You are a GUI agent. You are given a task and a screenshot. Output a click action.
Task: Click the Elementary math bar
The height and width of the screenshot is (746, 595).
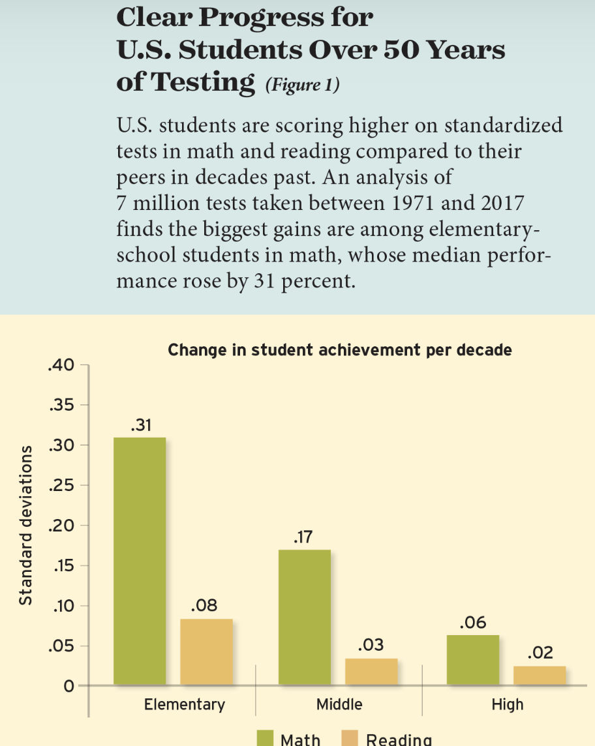[140, 561]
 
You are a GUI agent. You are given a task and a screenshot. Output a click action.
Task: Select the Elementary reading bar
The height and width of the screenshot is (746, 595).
[207, 652]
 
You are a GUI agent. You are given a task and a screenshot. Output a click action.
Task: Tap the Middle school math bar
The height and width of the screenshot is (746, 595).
[305, 618]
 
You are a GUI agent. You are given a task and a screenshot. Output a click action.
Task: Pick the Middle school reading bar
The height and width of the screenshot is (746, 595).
[371, 672]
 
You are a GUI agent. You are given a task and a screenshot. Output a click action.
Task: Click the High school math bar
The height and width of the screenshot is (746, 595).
[473, 661]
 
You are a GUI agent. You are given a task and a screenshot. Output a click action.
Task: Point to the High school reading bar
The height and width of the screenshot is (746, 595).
[540, 676]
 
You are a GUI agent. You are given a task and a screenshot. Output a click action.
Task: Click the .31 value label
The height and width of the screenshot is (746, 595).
[142, 425]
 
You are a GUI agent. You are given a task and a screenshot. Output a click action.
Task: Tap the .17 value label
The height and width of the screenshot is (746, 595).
[303, 537]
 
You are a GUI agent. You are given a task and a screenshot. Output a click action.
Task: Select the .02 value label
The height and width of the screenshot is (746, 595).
[540, 653]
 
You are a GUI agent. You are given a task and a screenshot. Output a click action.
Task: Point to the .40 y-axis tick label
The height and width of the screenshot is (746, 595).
[61, 365]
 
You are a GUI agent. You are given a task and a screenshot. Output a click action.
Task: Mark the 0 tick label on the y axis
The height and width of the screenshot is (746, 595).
[69, 686]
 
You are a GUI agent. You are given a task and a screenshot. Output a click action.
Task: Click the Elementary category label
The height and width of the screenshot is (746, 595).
[185, 704]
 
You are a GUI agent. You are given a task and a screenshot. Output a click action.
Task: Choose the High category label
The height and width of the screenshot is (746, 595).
[508, 704]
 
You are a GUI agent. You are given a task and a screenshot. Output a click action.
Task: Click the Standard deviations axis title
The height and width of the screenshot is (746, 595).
[25, 525]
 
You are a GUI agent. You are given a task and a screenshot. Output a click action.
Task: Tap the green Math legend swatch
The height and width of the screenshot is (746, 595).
[265, 738]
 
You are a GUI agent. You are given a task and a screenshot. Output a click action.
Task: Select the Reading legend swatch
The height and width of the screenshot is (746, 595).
[350, 738]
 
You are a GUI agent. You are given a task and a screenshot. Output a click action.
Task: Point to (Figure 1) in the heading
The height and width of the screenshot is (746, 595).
[303, 85]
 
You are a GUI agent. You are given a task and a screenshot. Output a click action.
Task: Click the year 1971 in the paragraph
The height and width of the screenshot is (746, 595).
[413, 203]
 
